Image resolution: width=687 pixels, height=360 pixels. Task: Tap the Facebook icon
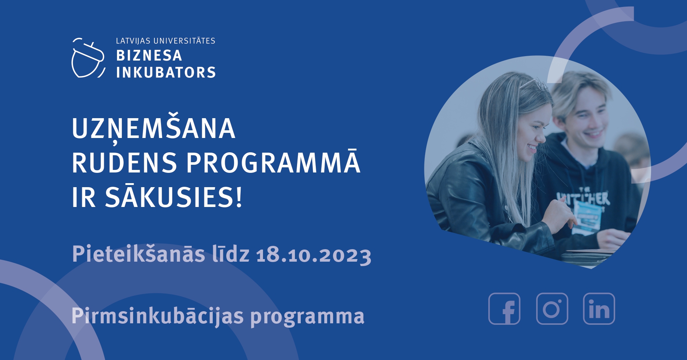click(504, 309)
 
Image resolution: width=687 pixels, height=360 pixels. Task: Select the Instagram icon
click(552, 309)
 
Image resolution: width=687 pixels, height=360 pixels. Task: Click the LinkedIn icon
click(599, 309)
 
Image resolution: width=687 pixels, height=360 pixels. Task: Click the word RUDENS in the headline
click(124, 163)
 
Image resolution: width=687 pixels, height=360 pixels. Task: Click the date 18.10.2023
click(314, 255)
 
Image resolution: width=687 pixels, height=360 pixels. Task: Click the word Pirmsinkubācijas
click(158, 316)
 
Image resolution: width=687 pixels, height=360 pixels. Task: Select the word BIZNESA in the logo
click(149, 56)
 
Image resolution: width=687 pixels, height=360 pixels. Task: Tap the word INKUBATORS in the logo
click(166, 72)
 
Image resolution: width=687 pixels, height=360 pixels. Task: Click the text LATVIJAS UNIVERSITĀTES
click(165, 41)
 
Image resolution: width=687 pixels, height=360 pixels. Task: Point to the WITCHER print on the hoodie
click(583, 198)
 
